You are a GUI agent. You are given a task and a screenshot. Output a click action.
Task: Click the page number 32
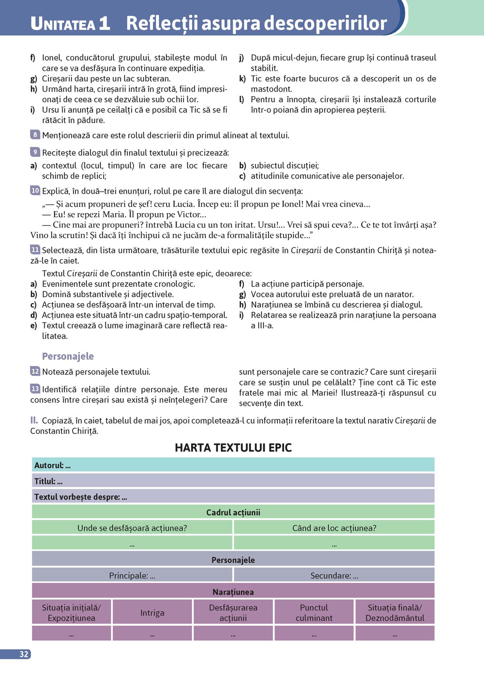(24, 654)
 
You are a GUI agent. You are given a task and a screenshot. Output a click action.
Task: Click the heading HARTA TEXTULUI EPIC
(233, 448)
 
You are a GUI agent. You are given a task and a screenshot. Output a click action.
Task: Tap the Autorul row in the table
(233, 465)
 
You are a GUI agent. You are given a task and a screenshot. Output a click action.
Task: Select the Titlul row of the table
(233, 481)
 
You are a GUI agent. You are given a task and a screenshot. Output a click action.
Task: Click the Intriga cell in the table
(152, 612)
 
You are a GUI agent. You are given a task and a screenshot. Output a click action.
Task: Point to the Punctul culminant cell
(314, 612)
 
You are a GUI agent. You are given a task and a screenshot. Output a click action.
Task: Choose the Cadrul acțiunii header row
(233, 512)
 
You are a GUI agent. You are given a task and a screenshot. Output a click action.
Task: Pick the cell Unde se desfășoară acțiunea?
(132, 528)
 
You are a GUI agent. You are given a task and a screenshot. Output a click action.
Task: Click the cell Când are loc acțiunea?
(334, 528)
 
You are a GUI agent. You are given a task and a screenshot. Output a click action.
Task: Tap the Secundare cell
(334, 575)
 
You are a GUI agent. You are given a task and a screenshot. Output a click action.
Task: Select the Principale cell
(132, 575)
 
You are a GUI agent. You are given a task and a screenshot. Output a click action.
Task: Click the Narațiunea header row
(233, 592)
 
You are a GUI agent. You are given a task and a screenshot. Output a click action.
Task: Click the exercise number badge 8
(35, 135)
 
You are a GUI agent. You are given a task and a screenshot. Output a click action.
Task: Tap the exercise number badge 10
(35, 190)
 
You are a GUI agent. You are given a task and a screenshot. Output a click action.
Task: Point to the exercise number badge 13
(35, 388)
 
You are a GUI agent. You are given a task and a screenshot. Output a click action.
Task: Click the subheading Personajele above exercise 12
(68, 356)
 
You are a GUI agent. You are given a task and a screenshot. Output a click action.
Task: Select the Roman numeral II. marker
(34, 420)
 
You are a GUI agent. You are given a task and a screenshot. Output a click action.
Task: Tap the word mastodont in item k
(271, 89)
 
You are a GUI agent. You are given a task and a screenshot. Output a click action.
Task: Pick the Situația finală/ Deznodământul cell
(395, 612)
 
